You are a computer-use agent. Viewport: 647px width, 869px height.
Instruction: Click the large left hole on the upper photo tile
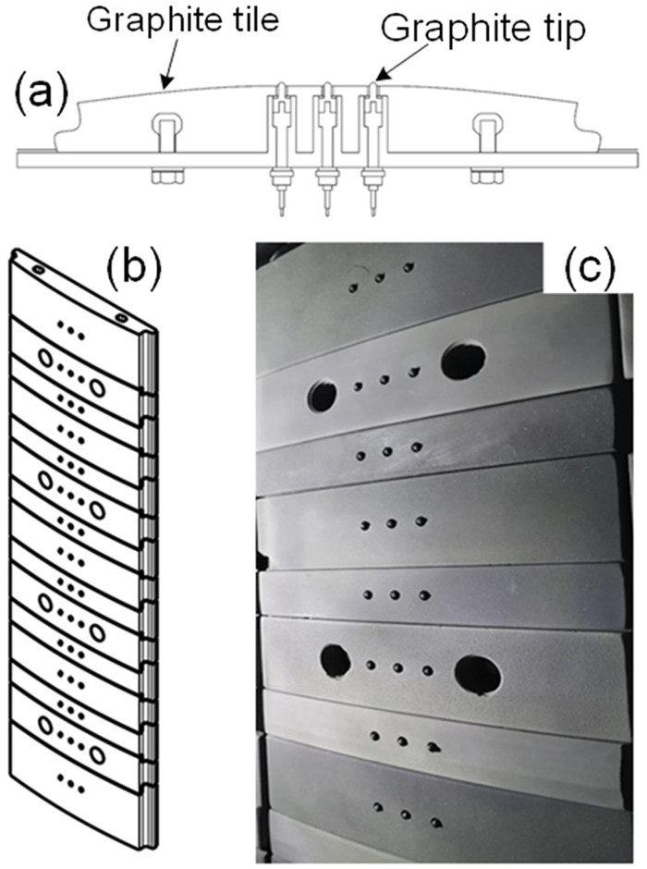coord(322,397)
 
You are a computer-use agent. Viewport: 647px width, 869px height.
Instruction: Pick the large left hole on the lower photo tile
coord(335,660)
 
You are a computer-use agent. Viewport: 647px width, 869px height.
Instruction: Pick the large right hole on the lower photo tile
coord(479,674)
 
